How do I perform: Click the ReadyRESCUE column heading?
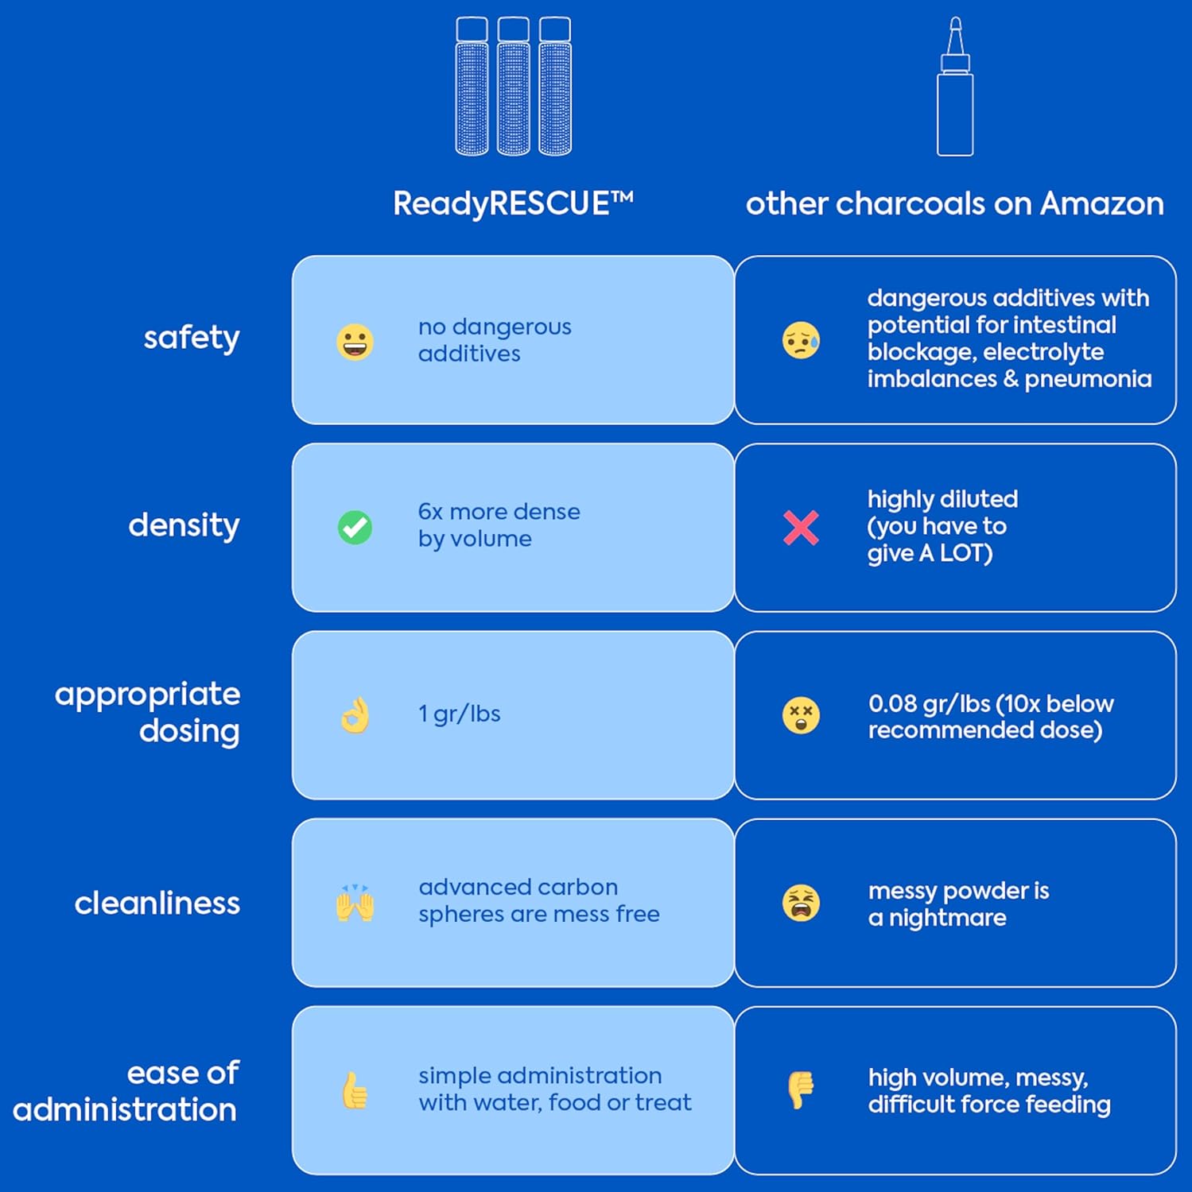pyautogui.click(x=513, y=203)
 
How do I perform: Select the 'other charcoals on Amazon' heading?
pyautogui.click(x=954, y=203)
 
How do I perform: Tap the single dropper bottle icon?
pyautogui.click(x=955, y=87)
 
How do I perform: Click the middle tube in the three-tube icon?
pyautogui.click(x=514, y=87)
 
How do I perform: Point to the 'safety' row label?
pyautogui.click(x=192, y=338)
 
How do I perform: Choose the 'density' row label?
pyautogui.click(x=184, y=525)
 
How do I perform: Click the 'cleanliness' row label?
pyautogui.click(x=157, y=903)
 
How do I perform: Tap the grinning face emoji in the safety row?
pyautogui.click(x=355, y=343)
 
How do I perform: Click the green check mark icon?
pyautogui.click(x=355, y=527)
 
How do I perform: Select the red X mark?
pyautogui.click(x=801, y=528)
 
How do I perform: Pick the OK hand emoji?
pyautogui.click(x=355, y=714)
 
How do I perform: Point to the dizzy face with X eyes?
pyautogui.click(x=801, y=715)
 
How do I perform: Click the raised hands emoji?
pyautogui.click(x=355, y=903)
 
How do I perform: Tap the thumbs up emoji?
pyautogui.click(x=355, y=1090)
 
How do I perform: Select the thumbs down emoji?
pyautogui.click(x=801, y=1089)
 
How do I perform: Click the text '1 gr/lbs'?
pyautogui.click(x=460, y=714)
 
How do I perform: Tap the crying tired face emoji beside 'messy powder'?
pyautogui.click(x=801, y=903)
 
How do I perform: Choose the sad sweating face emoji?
pyautogui.click(x=801, y=340)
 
